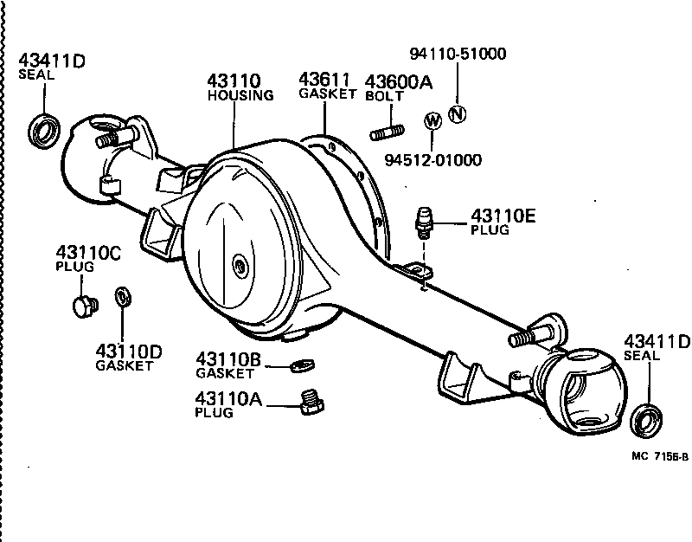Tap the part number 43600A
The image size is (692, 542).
[x=398, y=81]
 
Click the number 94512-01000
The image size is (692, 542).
[x=433, y=160]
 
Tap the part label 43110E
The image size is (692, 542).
[x=503, y=216]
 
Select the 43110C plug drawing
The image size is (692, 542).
[x=82, y=305]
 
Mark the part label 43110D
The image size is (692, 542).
[x=129, y=352]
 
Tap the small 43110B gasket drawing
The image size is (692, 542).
[x=299, y=365]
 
